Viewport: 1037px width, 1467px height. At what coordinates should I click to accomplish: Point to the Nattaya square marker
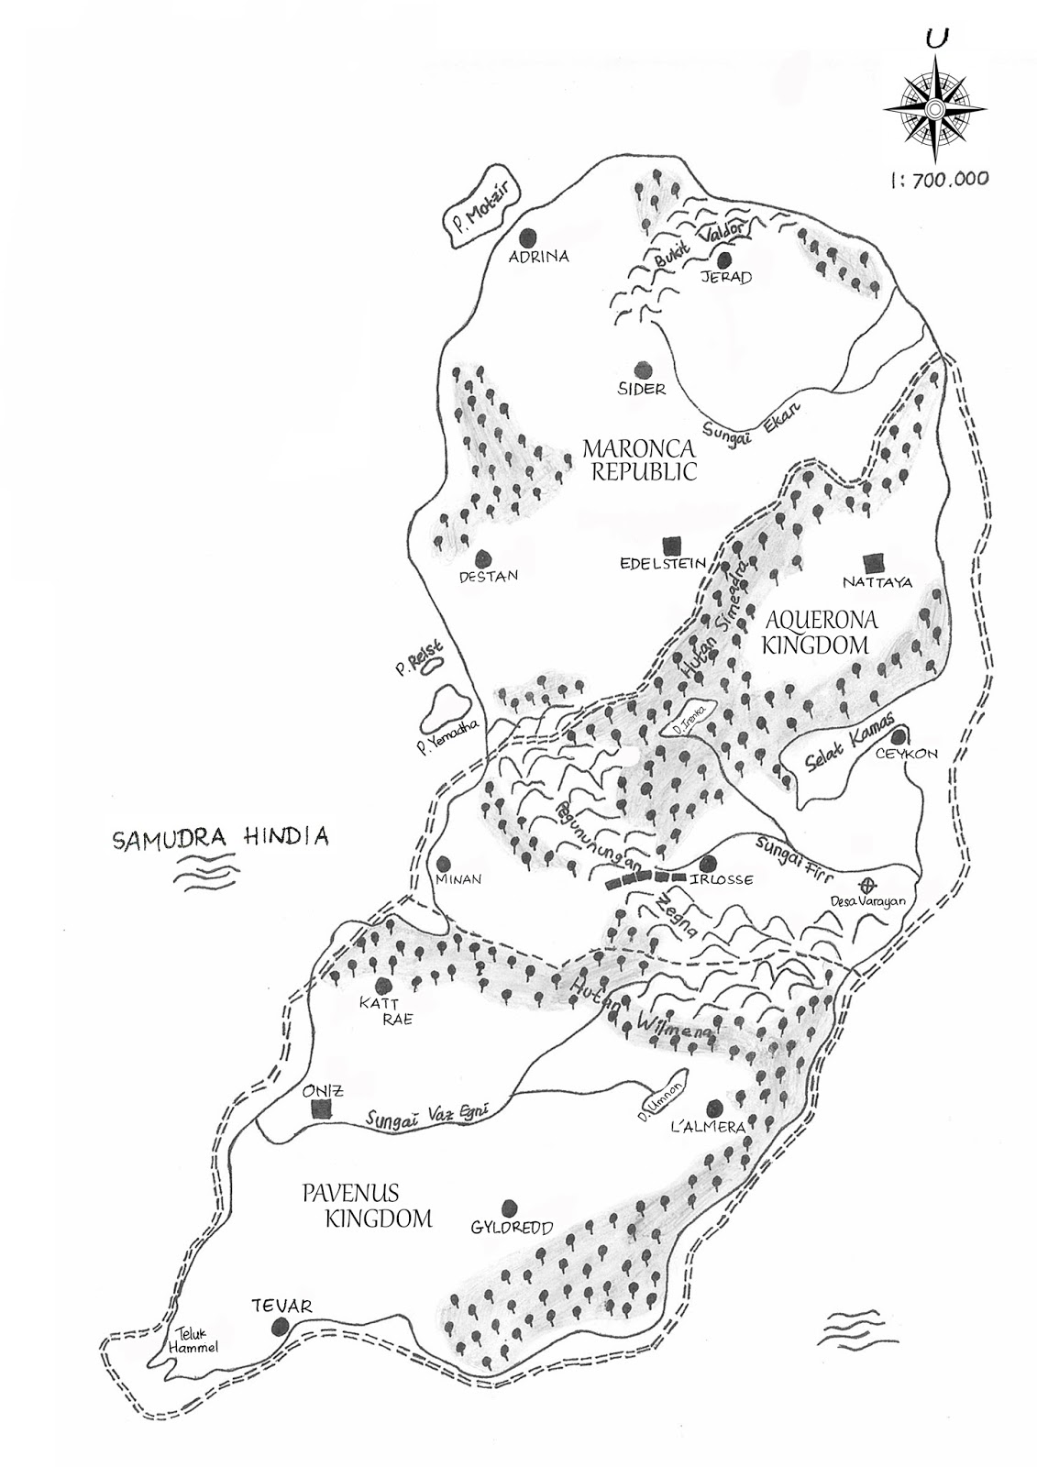[873, 561]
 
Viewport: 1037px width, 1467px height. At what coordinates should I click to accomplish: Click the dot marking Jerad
[724, 259]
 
